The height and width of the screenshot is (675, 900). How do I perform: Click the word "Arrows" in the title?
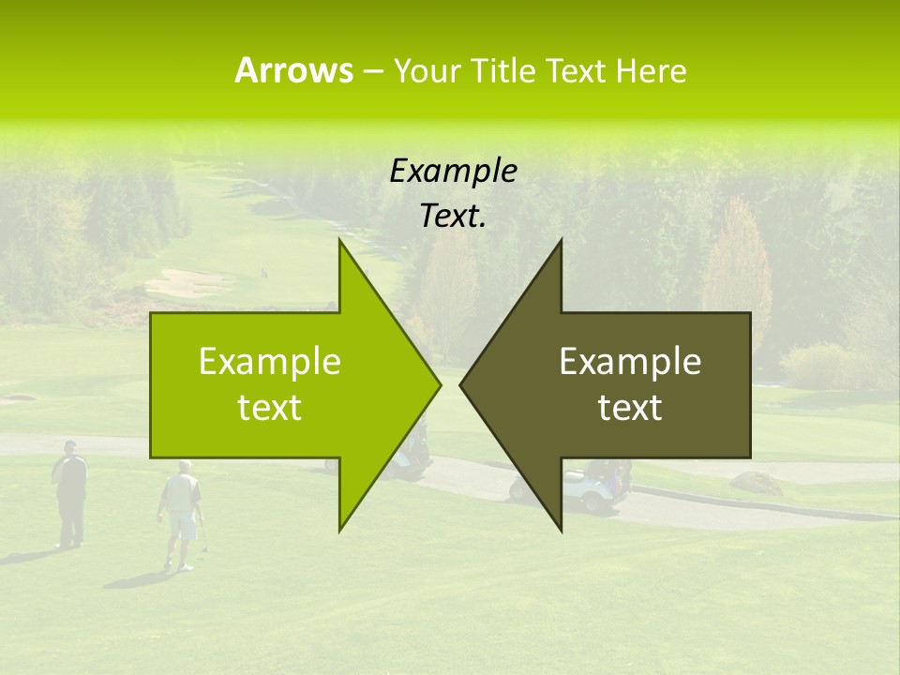point(293,70)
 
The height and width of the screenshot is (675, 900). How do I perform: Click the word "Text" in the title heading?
point(577,71)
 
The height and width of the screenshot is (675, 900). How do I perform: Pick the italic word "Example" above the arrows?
point(454,171)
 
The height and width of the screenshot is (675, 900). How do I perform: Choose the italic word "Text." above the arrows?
point(454,217)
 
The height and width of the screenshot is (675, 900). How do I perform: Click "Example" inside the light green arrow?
point(270,362)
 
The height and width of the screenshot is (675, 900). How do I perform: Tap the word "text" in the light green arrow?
point(270,408)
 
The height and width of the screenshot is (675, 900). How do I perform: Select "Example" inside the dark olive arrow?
point(630,362)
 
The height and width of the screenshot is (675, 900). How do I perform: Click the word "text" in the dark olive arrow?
point(630,408)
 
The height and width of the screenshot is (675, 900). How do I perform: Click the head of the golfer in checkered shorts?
point(185,466)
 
